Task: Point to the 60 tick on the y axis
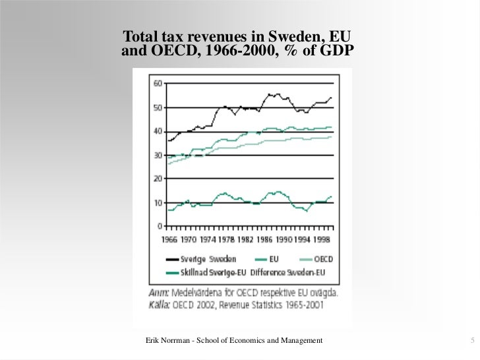158,84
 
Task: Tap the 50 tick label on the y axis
158,107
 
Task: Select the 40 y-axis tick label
158,131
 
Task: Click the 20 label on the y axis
158,179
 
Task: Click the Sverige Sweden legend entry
202,260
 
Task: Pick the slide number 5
472,340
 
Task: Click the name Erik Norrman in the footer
171,340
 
